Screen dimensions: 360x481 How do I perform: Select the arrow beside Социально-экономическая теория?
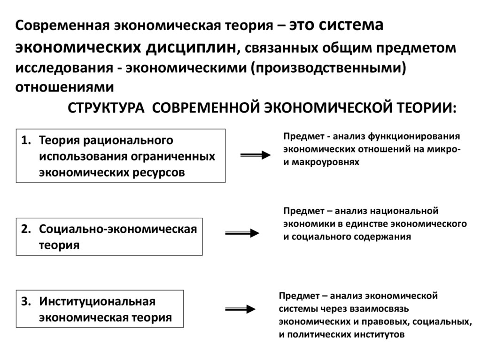(242, 233)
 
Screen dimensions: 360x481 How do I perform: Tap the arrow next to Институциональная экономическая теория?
(240, 308)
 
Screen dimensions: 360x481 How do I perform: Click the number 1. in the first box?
(27, 140)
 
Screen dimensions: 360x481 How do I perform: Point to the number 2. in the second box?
(27, 229)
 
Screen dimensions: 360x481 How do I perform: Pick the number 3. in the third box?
(27, 301)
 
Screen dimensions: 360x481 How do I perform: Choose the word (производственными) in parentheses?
(327, 67)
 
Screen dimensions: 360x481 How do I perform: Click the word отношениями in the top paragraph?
(64, 87)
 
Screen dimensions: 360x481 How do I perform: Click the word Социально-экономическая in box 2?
(118, 229)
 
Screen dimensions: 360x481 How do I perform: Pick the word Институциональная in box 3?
(97, 301)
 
